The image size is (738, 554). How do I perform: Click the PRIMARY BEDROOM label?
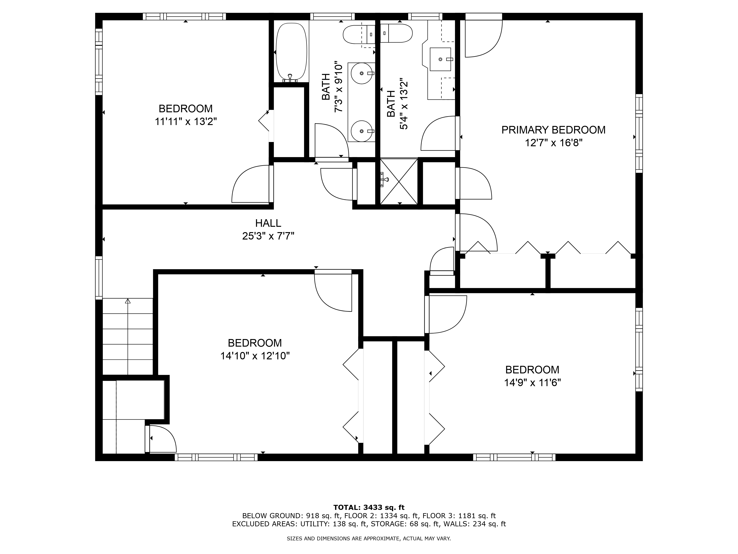click(x=553, y=130)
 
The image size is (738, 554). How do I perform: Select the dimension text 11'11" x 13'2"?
click(x=185, y=122)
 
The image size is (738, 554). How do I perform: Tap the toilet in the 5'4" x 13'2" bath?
click(x=397, y=33)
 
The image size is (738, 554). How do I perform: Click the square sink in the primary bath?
click(x=440, y=59)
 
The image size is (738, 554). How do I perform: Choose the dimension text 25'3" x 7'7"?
click(x=268, y=236)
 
